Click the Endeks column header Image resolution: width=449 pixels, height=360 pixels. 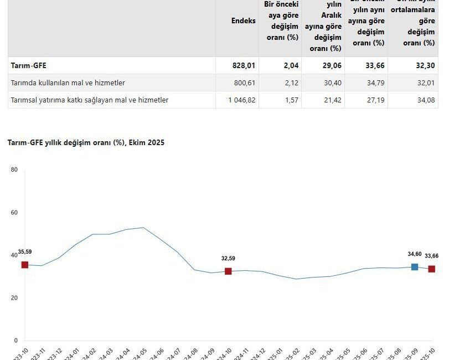point(244,20)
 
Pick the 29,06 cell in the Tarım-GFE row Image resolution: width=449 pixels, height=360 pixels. point(331,65)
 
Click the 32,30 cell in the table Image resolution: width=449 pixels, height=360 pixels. point(424,65)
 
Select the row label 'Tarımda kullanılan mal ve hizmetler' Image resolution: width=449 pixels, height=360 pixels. point(68,83)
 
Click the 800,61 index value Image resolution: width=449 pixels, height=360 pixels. point(244,83)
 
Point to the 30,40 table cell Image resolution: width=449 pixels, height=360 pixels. point(331,83)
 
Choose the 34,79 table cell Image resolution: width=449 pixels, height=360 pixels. point(374,83)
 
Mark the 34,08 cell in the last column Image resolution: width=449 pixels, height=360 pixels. point(424,100)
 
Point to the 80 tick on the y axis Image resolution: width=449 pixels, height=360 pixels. point(14,170)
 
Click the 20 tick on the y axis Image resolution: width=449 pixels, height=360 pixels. point(14,298)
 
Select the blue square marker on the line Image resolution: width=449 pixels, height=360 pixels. point(415,267)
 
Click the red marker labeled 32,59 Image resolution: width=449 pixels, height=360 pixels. point(228,271)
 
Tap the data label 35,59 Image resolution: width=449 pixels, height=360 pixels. point(25,252)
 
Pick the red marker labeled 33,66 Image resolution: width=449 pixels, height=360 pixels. point(431,269)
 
